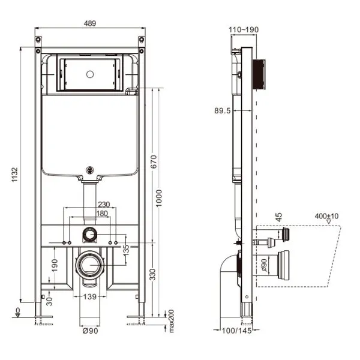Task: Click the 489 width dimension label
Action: click(x=89, y=23)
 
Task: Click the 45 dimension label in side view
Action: click(x=279, y=217)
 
